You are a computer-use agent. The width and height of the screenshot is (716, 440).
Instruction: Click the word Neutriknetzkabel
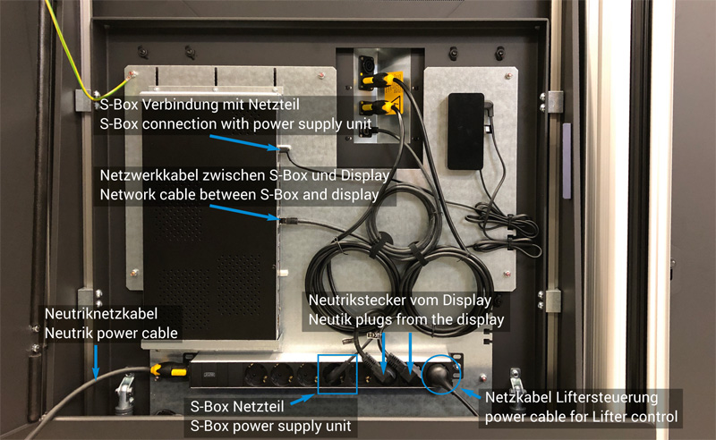point(101,314)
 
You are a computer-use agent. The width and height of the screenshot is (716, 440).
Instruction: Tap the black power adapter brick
point(465,131)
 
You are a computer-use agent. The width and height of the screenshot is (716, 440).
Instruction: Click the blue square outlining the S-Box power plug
point(337,374)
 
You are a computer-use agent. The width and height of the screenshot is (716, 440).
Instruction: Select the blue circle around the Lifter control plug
point(441,374)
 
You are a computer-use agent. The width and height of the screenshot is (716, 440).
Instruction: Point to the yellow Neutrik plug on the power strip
point(168,369)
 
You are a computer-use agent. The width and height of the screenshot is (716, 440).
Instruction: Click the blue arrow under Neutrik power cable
point(96,362)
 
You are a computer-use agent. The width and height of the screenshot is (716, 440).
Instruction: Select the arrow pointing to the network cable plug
point(244,213)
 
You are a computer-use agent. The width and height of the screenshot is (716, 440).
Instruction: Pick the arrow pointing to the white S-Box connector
point(244,142)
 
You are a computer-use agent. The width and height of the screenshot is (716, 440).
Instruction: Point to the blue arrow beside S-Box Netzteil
point(303,400)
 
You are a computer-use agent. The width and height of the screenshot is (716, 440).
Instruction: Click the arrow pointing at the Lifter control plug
point(471,393)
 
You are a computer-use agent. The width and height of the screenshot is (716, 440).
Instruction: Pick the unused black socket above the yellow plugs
point(366,63)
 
